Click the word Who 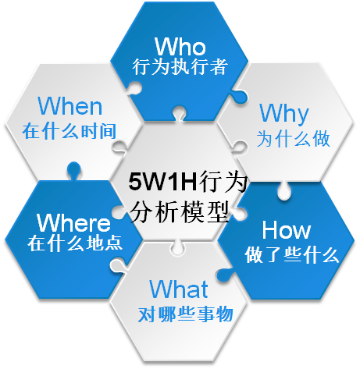(180, 46)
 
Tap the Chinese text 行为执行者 (180, 67)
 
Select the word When (70, 105)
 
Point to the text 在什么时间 (70, 131)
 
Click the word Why (284, 114)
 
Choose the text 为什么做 (294, 139)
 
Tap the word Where (73, 222)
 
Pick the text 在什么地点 (75, 243)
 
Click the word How (287, 229)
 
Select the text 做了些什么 (292, 255)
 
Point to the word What (179, 289)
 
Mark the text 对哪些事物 (185, 314)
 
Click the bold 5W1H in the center (162, 181)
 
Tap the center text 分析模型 (180, 211)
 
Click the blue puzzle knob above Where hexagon (73, 171)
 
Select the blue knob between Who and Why (238, 95)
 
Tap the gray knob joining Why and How (284, 190)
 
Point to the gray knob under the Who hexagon (179, 113)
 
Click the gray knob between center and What (177, 247)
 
